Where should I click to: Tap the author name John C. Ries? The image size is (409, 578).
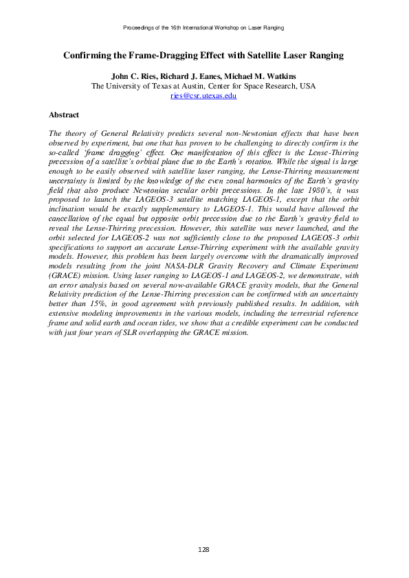pyautogui.click(x=129, y=76)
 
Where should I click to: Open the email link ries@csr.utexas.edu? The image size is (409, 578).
pyautogui.click(x=203, y=97)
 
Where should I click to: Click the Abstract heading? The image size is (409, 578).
pyautogui.click(x=64, y=115)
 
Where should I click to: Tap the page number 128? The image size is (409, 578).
pyautogui.click(x=203, y=549)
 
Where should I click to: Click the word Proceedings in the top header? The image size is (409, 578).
pyautogui.click(x=137, y=27)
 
